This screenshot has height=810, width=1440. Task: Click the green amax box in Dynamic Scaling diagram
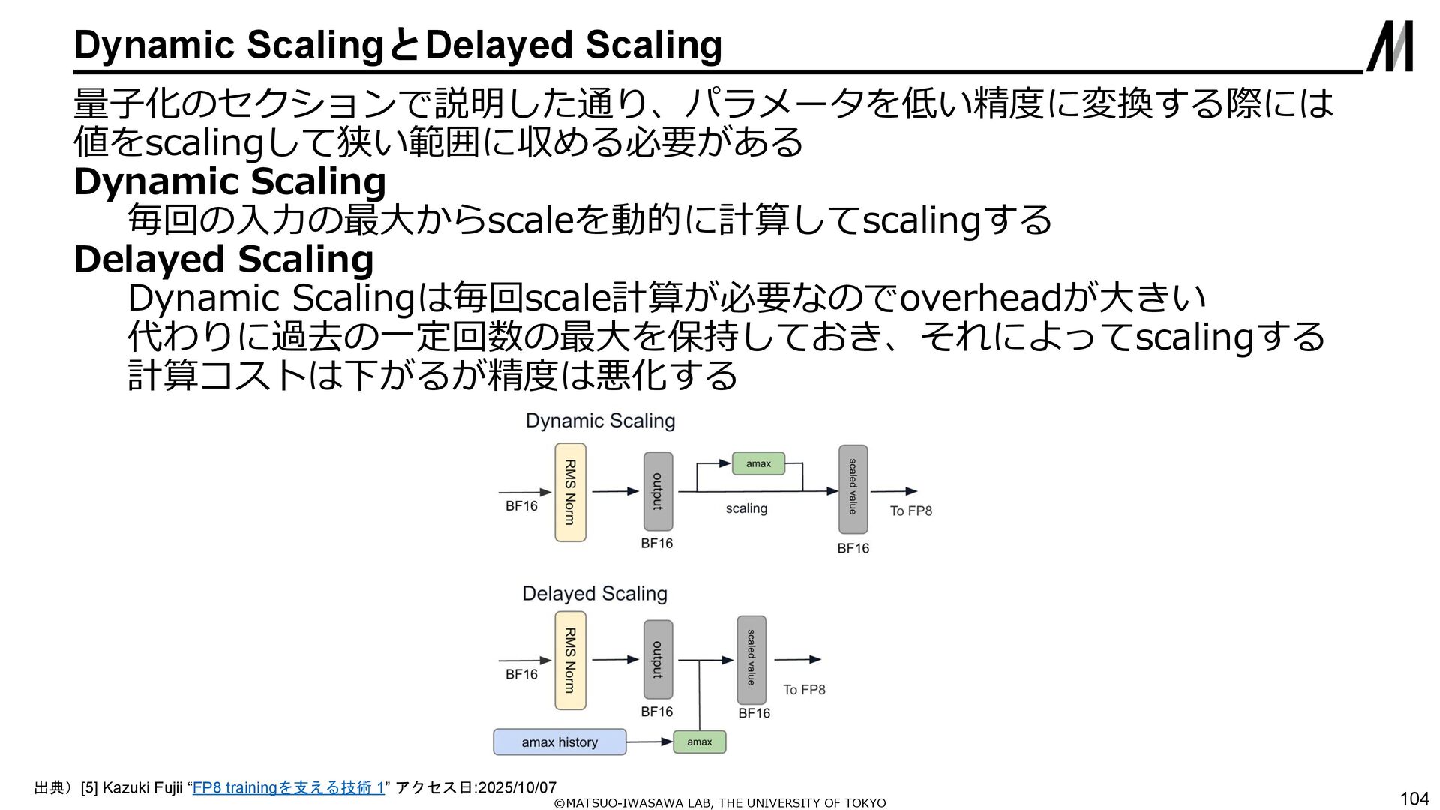[x=758, y=463]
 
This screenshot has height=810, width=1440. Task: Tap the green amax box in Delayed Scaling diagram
[x=699, y=742]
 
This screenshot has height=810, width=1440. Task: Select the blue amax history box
[x=559, y=742]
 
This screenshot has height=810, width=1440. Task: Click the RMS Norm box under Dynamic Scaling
[x=570, y=492]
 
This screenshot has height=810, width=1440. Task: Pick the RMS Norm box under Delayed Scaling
[x=570, y=660]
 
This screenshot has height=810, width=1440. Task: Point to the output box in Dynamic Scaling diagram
[x=658, y=491]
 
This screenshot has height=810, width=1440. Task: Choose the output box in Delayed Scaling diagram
[x=658, y=659]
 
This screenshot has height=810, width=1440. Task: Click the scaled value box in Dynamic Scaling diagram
[x=853, y=488]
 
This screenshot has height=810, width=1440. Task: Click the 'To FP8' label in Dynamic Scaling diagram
[x=910, y=511]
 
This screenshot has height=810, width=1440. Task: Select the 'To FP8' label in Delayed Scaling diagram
[x=804, y=689]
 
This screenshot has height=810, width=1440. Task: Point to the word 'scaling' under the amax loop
[x=746, y=508]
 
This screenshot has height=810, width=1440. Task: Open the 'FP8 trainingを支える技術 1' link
[x=289, y=787]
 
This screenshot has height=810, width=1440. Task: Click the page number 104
[x=1414, y=799]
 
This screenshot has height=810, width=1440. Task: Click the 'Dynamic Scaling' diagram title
[x=600, y=421]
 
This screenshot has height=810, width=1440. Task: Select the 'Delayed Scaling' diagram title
[x=594, y=594]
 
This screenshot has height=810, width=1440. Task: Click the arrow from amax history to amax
[x=649, y=742]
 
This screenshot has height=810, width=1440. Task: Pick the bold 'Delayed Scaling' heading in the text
[x=223, y=259]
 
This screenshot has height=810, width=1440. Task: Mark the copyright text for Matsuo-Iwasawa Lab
[x=719, y=803]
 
